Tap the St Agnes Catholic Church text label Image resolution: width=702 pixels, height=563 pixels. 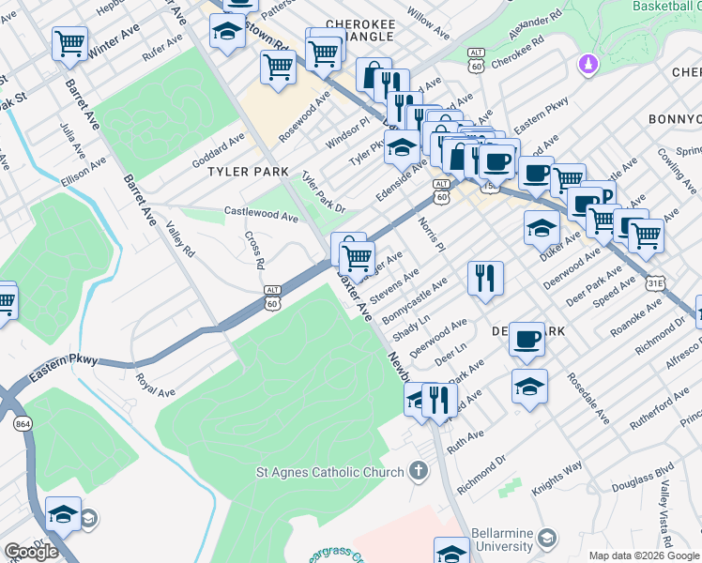(330, 471)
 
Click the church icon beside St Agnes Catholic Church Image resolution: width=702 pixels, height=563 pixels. (419, 471)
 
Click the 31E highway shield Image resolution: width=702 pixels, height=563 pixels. (656, 281)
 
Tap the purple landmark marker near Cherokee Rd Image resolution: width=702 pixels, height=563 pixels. (588, 65)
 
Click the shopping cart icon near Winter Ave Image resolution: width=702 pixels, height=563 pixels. (70, 44)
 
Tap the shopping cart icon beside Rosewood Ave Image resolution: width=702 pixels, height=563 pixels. (279, 68)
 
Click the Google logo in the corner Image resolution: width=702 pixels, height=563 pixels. (31, 551)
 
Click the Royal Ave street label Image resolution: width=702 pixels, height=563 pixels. (156, 385)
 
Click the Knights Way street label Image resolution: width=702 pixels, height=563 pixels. (558, 479)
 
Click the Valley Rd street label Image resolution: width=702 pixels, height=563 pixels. (180, 238)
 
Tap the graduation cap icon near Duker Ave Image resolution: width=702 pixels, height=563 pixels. (542, 228)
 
